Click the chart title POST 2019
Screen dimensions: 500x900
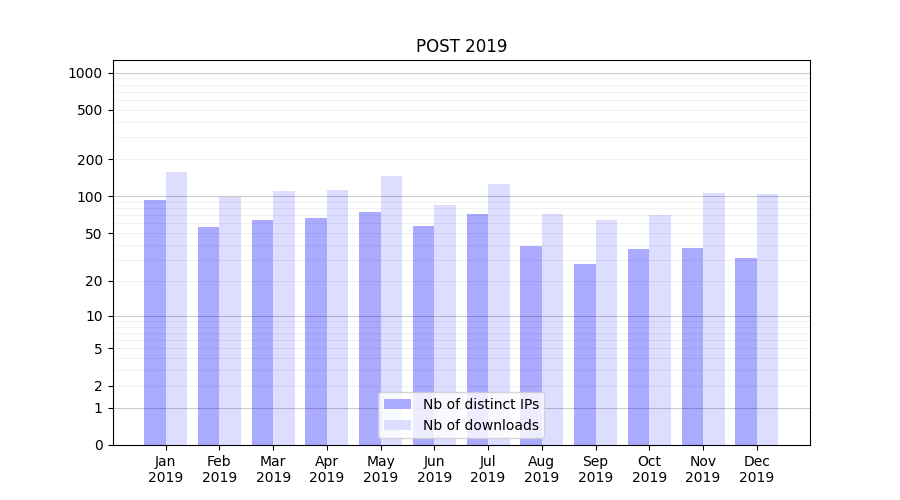tap(461, 46)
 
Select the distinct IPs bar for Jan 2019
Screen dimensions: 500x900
tap(155, 322)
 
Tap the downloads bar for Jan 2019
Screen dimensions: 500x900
tap(176, 308)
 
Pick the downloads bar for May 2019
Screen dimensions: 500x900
tap(391, 310)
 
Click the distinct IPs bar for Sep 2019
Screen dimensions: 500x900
tap(585, 354)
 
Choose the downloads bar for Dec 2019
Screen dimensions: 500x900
tap(767, 319)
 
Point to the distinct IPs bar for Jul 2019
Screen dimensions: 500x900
tap(477, 329)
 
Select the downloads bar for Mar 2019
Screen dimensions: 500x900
tap(284, 318)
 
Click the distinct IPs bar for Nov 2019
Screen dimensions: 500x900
tap(692, 346)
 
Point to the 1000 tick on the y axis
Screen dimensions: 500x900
tap(85, 73)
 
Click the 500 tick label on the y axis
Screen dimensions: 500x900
tap(90, 110)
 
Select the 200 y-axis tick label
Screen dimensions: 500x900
tap(90, 160)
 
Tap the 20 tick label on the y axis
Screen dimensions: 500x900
tap(94, 281)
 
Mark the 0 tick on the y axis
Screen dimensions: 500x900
tap(98, 445)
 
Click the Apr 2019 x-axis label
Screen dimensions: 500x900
tap(327, 469)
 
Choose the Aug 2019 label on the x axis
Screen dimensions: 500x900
tap(542, 469)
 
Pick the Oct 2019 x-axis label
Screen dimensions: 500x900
tap(649, 469)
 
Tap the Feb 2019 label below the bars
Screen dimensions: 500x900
tap(219, 469)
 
